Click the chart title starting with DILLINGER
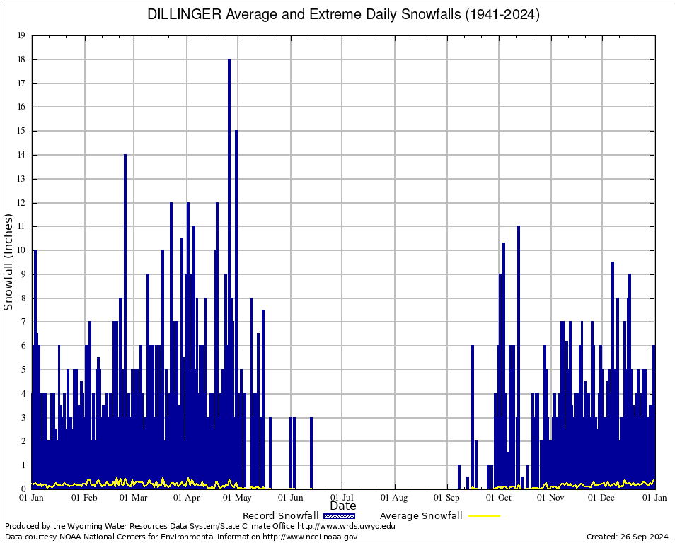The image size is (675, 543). (343, 14)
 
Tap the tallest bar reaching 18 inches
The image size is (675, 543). (229, 212)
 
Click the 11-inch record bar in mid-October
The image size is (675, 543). (519, 318)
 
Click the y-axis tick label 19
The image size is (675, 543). (21, 35)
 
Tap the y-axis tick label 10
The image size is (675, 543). (21, 250)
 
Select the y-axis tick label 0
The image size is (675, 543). (23, 489)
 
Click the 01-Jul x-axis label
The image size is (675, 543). (342, 498)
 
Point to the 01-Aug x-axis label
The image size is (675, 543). (395, 498)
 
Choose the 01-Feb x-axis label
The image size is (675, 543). (84, 498)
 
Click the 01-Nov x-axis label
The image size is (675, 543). (550, 498)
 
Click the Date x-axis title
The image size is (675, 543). (343, 506)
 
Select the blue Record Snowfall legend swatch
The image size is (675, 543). (340, 516)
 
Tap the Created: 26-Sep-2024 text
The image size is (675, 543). (627, 537)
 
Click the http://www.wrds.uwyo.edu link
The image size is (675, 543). (346, 526)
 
